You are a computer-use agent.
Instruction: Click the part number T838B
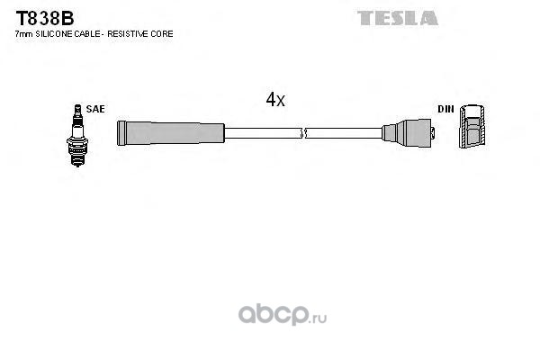(x=35, y=17)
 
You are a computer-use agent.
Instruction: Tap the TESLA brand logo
(x=397, y=18)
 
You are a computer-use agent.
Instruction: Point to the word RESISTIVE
(x=133, y=33)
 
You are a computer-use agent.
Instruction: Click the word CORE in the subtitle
(x=163, y=33)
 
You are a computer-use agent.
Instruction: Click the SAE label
(x=96, y=109)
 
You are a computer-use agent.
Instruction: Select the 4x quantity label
(x=274, y=101)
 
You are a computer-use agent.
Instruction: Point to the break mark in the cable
(x=305, y=133)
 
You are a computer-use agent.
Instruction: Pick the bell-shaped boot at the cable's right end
(x=409, y=133)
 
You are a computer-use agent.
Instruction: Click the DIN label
(x=445, y=109)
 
